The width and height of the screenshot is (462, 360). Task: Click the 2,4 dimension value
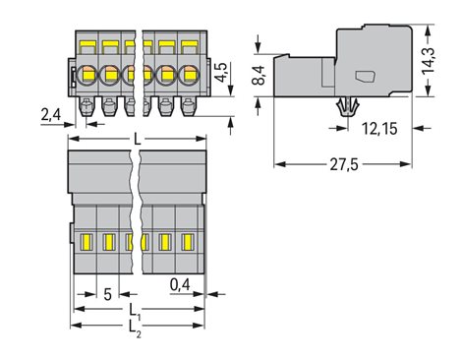[x=51, y=115]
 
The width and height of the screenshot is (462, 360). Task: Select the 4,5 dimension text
[x=222, y=72]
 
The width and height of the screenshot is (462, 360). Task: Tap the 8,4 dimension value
[x=260, y=75]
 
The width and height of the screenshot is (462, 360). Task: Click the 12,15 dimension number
[x=379, y=129]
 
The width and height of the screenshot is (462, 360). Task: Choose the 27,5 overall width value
[x=344, y=164]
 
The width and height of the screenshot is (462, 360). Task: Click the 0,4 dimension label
[x=180, y=284]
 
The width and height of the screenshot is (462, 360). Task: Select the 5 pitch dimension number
[x=107, y=294]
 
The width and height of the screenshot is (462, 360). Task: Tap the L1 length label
[x=135, y=311]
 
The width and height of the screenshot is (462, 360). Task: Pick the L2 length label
[x=135, y=328]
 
